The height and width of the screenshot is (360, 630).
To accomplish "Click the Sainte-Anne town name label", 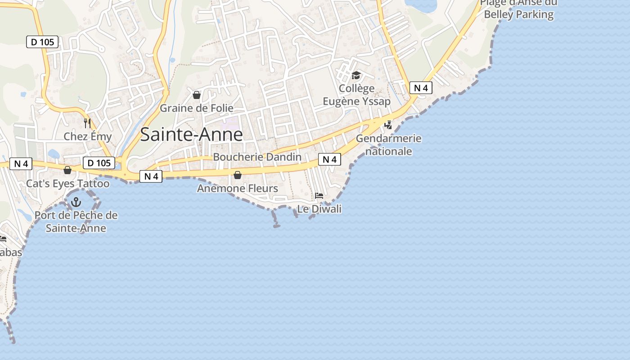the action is point(191,135).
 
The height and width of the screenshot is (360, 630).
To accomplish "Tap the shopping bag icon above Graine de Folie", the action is point(197,95).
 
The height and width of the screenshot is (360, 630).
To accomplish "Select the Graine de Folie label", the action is point(197,108).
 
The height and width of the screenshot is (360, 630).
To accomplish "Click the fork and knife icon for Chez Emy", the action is point(87,123).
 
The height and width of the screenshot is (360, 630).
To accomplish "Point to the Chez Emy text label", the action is point(87,136).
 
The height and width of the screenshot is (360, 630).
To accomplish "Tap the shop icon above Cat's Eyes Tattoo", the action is point(67,170).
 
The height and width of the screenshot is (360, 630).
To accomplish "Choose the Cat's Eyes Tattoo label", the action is point(67,184).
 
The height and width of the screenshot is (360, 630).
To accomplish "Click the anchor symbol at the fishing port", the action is point(76,202).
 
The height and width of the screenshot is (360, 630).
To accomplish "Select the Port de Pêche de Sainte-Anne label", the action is point(76,221).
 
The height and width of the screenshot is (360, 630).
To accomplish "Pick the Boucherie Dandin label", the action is point(257,157).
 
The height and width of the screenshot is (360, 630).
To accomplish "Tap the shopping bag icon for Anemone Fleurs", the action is point(238,175).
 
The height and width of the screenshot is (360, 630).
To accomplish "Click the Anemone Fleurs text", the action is point(238,188).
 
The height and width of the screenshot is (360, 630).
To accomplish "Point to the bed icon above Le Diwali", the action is point(319,195).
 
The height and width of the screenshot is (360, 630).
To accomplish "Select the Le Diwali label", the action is point(319,209).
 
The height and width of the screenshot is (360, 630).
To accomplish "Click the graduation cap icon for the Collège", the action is point(356,75).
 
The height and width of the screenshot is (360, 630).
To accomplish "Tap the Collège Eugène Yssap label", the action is point(356,95).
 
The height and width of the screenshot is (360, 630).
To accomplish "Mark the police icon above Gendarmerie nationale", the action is point(388,125).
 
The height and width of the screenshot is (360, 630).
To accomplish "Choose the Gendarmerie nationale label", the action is point(389,144).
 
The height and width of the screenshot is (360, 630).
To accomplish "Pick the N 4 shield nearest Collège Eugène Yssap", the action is point(421,88).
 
